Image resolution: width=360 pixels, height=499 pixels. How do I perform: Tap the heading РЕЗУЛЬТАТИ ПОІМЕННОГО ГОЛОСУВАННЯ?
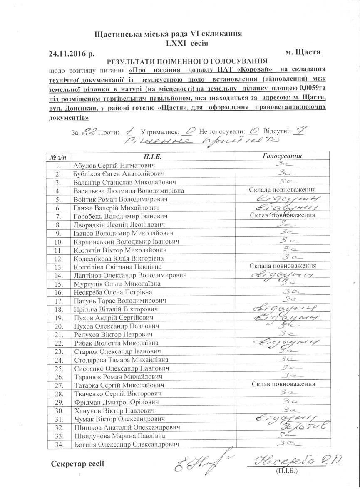186,61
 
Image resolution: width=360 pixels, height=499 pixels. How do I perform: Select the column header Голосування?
282,156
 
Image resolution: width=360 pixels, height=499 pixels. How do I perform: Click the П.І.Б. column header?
152,156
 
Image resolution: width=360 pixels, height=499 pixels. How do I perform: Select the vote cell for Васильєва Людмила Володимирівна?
283,190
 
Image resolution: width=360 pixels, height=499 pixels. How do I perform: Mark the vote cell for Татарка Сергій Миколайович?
283,385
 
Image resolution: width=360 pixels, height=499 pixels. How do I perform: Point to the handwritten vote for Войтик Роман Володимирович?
287,199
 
